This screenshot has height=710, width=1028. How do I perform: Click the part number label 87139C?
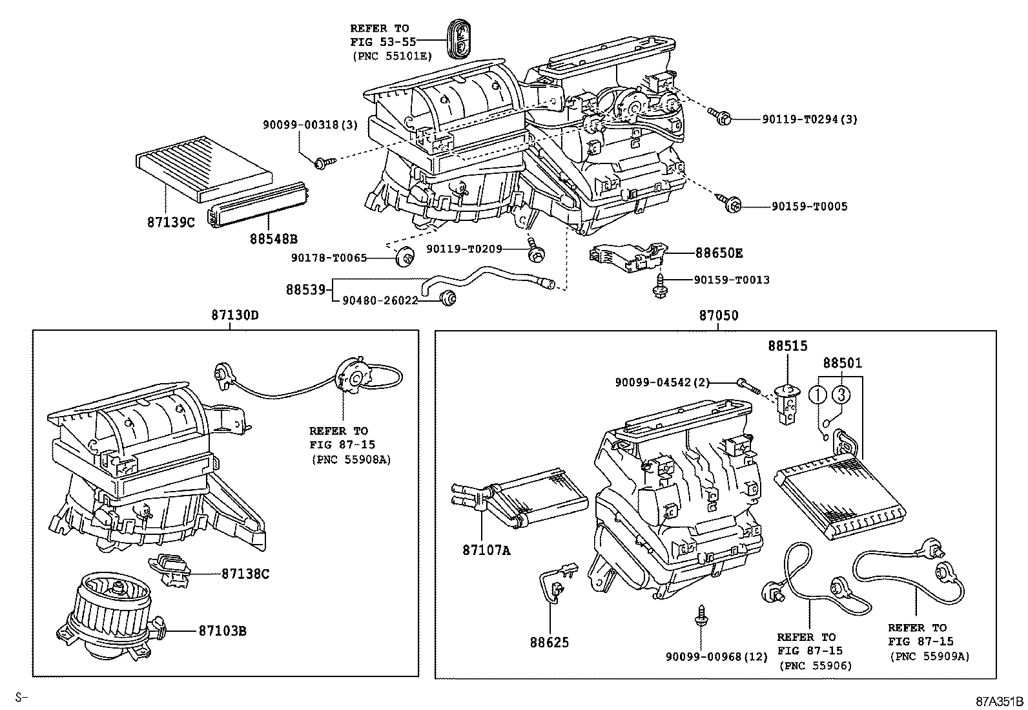click(170, 222)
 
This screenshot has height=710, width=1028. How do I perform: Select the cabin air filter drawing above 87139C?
click(205, 166)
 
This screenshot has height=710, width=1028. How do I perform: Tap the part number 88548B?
click(274, 239)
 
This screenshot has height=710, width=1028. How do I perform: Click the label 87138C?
click(245, 573)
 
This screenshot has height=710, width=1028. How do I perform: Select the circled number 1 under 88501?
click(818, 394)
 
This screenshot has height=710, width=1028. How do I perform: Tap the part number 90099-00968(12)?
click(717, 657)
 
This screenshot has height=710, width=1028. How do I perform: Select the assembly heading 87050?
click(718, 316)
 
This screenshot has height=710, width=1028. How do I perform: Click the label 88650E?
click(719, 253)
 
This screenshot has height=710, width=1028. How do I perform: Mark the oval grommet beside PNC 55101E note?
click(458, 39)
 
